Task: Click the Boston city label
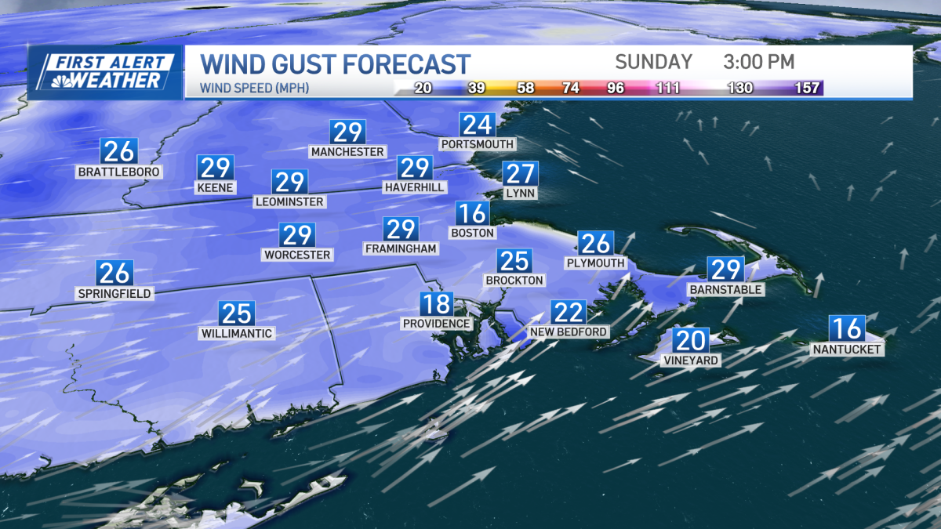472,233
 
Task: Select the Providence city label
436,324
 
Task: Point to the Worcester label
297,255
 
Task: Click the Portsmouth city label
477,144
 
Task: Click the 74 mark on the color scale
570,88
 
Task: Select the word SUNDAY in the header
653,62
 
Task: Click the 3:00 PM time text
758,62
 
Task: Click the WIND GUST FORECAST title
336,63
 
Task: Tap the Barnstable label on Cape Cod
725,290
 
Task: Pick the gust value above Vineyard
690,341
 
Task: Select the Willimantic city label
236,334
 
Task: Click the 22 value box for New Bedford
568,313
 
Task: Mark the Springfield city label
114,294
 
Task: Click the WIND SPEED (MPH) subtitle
255,88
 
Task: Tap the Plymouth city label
596,263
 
